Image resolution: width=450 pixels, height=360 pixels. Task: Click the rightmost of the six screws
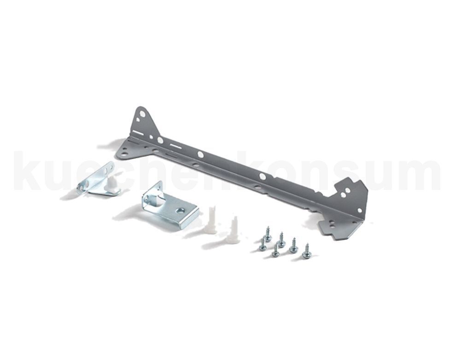click(306, 252)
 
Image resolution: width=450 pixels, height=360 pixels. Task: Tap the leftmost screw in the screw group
click(263, 245)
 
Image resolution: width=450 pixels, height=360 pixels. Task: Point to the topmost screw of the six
click(269, 234)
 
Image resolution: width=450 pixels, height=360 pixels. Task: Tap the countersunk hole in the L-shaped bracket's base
click(181, 211)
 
